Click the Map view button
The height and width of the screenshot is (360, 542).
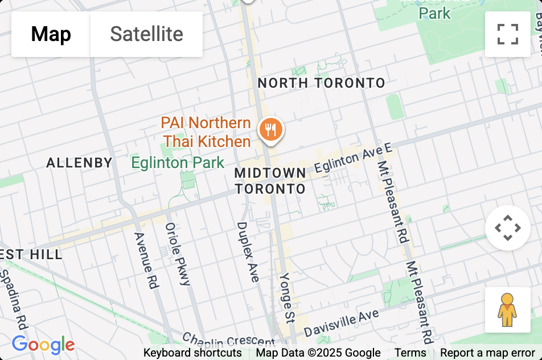click(x=51, y=34)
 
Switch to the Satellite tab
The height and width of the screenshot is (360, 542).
click(x=146, y=34)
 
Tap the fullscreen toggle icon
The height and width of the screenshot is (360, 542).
click(x=507, y=34)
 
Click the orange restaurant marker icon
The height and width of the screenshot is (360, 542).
click(x=271, y=130)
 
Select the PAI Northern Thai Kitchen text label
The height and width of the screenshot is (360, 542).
click(x=206, y=132)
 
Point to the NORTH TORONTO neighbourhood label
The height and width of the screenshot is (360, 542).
click(x=322, y=83)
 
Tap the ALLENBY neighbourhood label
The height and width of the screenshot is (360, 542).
click(x=79, y=163)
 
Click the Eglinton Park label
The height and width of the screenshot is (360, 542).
click(x=178, y=163)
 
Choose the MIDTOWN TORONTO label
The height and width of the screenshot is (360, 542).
click(x=270, y=181)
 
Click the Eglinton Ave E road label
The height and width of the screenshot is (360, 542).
click(x=354, y=159)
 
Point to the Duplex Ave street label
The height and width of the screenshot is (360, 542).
click(x=247, y=251)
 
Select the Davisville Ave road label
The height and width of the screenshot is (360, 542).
click(x=341, y=322)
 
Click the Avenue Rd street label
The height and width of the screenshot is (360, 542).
click(x=145, y=260)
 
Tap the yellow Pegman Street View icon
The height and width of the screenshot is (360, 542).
click(x=507, y=309)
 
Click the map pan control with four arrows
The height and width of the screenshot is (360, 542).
click(x=507, y=228)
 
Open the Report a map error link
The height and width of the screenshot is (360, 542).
click(x=487, y=353)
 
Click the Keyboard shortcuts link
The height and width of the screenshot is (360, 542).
click(x=192, y=353)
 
